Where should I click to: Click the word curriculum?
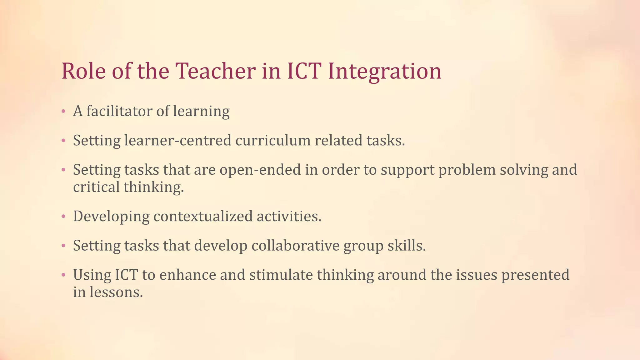(x=273, y=140)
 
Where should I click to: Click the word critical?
(x=96, y=187)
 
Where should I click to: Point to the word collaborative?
(x=295, y=246)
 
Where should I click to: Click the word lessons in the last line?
(x=116, y=292)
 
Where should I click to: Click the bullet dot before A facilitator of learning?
(x=63, y=111)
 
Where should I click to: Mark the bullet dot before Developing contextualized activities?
(x=63, y=217)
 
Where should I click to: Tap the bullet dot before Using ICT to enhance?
(x=63, y=275)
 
